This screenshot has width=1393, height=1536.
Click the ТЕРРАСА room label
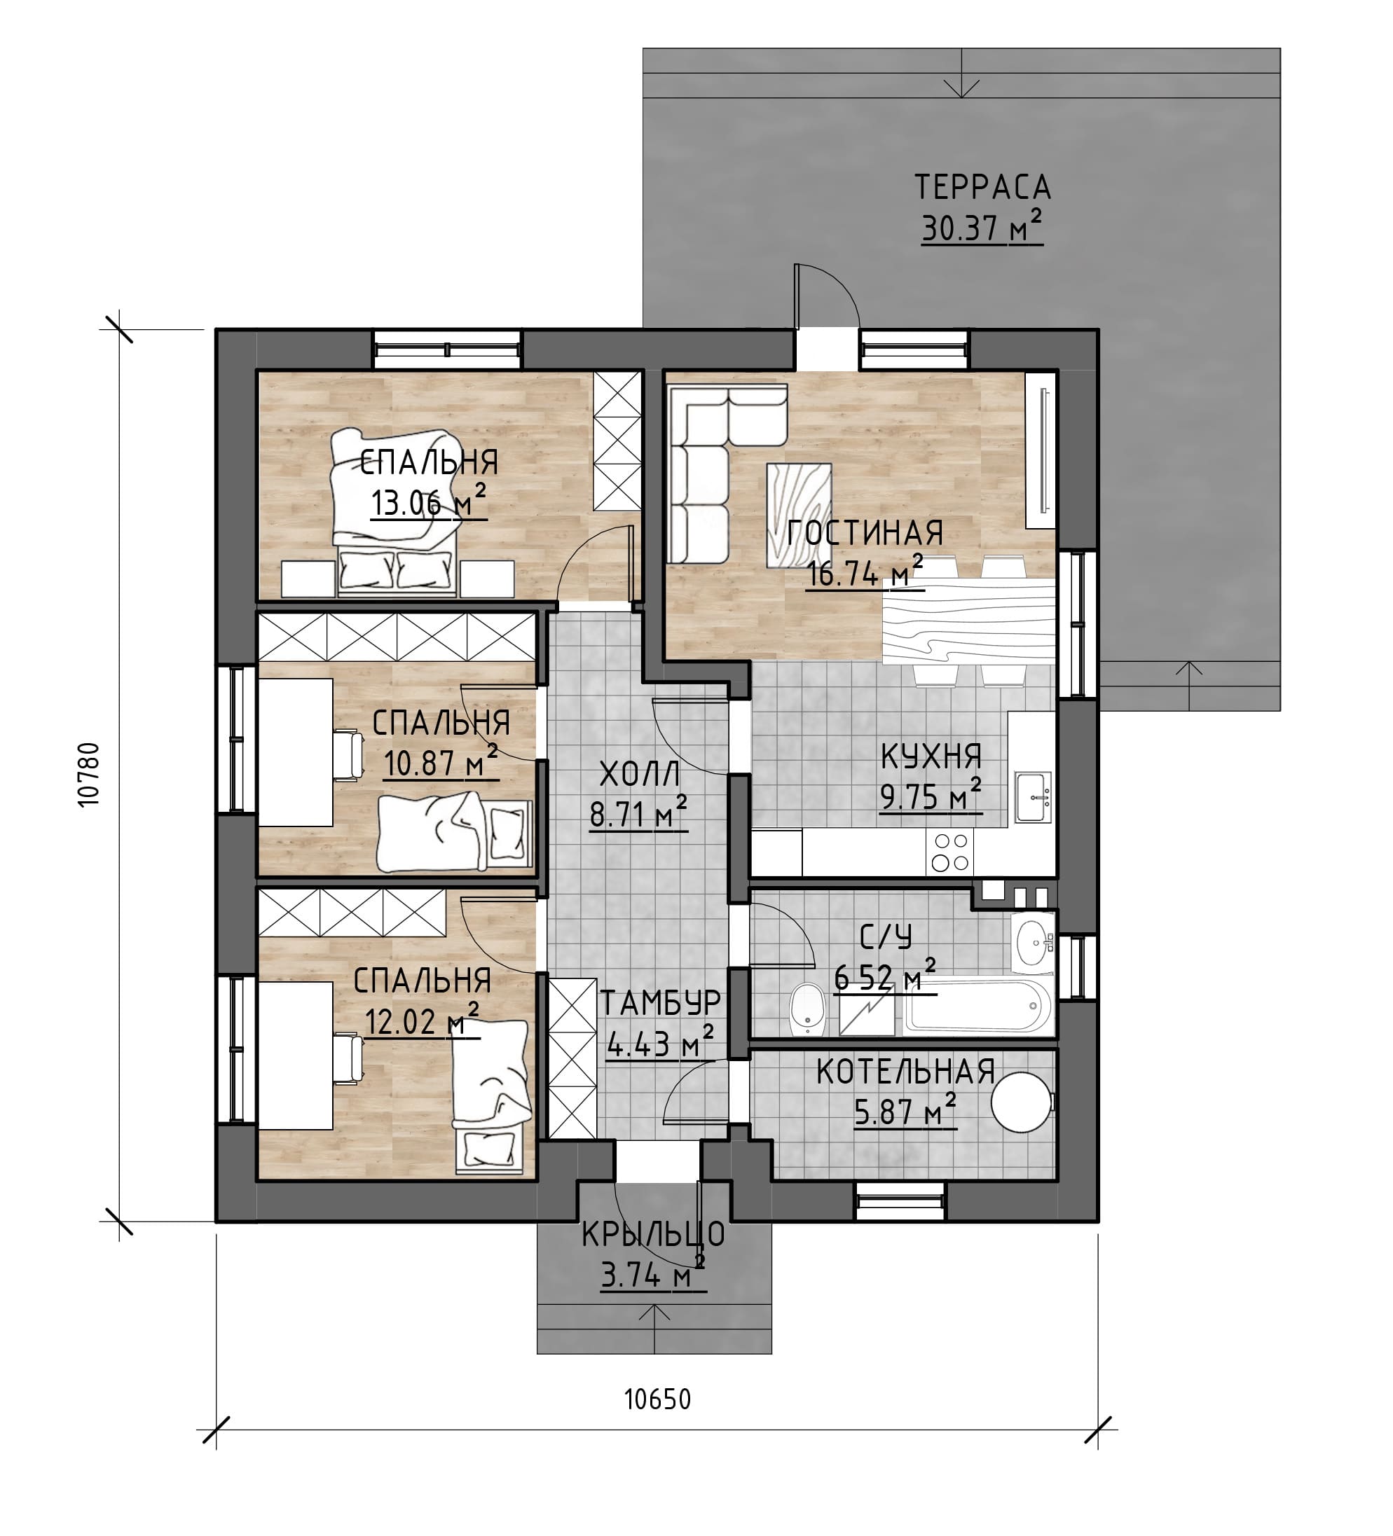click(x=982, y=187)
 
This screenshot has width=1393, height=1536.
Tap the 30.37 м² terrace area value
click(x=982, y=227)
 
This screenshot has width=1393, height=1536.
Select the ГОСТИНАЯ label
click(x=865, y=532)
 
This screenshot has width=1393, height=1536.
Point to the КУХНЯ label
click(x=931, y=756)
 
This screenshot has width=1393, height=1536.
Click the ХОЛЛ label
click(x=638, y=775)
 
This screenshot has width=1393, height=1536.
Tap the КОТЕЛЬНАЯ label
click(x=905, y=1072)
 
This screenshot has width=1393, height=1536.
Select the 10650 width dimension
click(x=658, y=1399)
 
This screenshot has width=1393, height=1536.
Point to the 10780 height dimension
click(x=88, y=774)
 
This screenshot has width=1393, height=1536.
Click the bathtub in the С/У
click(x=978, y=1005)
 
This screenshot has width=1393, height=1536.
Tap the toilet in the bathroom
click(x=807, y=1010)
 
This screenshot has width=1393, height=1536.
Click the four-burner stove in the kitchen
click(x=949, y=852)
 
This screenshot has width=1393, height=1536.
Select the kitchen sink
click(x=1034, y=798)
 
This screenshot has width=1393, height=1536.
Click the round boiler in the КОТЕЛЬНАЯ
click(x=1022, y=1102)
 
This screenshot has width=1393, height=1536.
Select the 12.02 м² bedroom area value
click(x=422, y=1020)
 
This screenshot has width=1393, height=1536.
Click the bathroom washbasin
click(x=1034, y=943)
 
